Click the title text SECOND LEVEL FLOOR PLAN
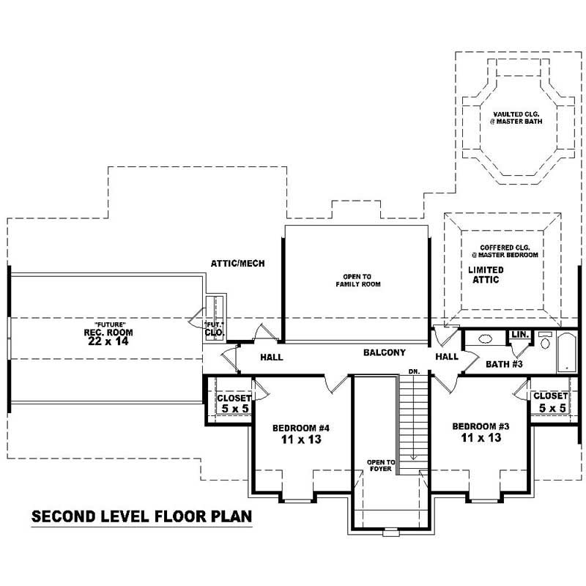click(x=141, y=516)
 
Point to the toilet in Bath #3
click(x=545, y=341)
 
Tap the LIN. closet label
click(x=520, y=335)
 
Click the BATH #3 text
click(x=505, y=363)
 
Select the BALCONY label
click(x=384, y=352)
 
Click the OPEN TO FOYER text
click(x=381, y=466)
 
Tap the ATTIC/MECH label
click(x=237, y=263)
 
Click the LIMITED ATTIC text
click(x=483, y=275)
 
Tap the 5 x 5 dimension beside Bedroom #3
click(x=552, y=408)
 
